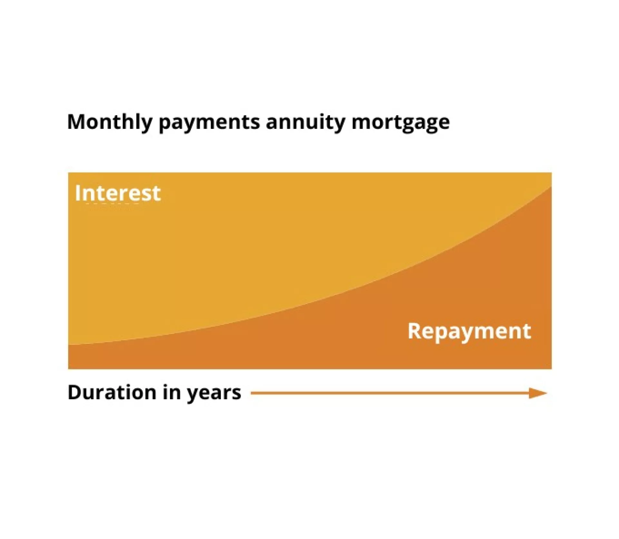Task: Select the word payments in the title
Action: [209, 123]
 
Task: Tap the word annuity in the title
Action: [305, 123]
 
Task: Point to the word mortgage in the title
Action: [400, 124]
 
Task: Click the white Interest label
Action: [118, 193]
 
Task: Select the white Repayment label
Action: [469, 332]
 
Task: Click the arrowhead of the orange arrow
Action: [538, 393]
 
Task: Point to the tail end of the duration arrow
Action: [251, 393]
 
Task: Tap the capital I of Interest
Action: [77, 193]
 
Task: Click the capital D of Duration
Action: [75, 392]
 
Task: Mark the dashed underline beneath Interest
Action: [113, 204]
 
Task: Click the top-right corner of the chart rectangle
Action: [552, 173]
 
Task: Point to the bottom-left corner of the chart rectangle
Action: [68, 369]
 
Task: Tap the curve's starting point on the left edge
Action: [68, 345]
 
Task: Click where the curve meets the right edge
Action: [552, 186]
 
